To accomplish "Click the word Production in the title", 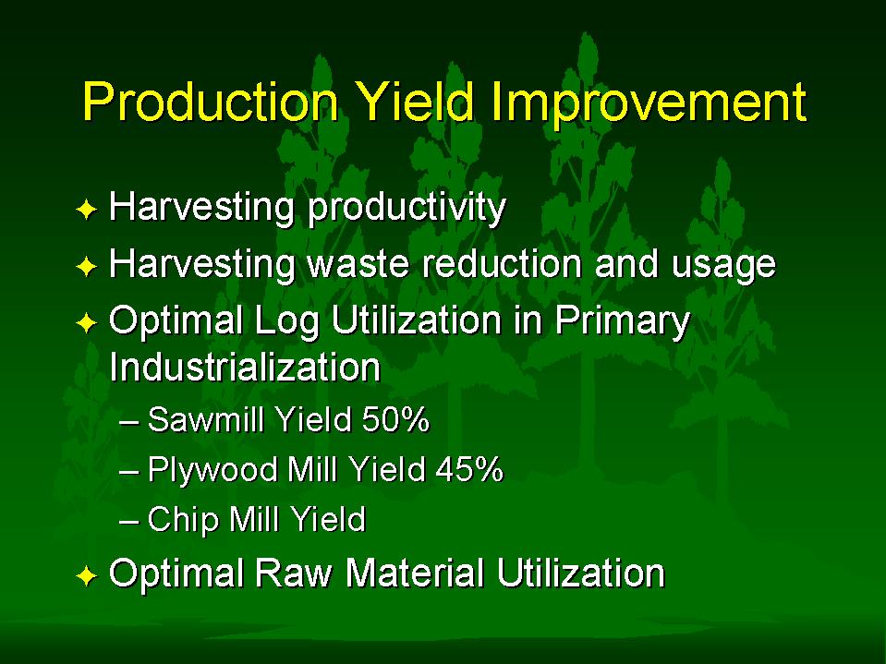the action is [x=211, y=102].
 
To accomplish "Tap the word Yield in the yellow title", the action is [x=417, y=102].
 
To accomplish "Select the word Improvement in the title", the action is [x=649, y=103].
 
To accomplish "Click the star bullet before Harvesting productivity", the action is [x=87, y=210].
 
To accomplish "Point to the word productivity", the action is [x=407, y=208].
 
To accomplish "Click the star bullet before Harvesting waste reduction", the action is [x=87, y=267].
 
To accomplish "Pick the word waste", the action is [x=358, y=264].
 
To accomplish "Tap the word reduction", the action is [x=503, y=263].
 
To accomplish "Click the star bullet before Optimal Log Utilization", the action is [x=87, y=323].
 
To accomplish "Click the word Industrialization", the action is [x=245, y=368].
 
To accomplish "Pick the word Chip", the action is [x=183, y=520].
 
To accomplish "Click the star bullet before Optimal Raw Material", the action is [x=87, y=576].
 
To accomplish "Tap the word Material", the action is [x=415, y=573].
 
